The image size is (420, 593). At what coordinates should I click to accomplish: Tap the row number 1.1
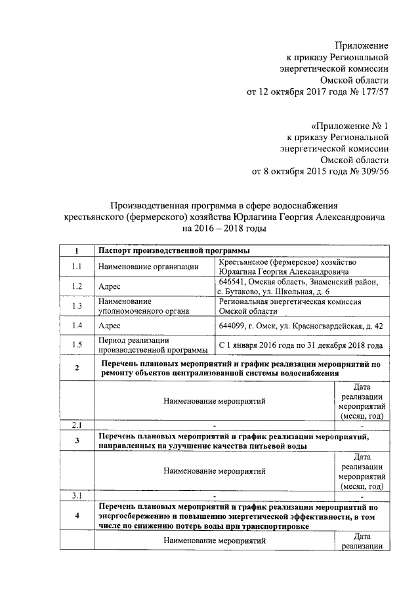click(77, 266)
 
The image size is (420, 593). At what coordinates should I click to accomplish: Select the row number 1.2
click(77, 286)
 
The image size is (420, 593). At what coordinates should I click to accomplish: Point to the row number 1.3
click(77, 306)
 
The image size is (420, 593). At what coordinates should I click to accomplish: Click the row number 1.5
click(77, 345)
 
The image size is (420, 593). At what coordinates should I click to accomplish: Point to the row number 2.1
click(77, 426)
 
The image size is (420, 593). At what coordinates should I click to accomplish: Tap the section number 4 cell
click(77, 516)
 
